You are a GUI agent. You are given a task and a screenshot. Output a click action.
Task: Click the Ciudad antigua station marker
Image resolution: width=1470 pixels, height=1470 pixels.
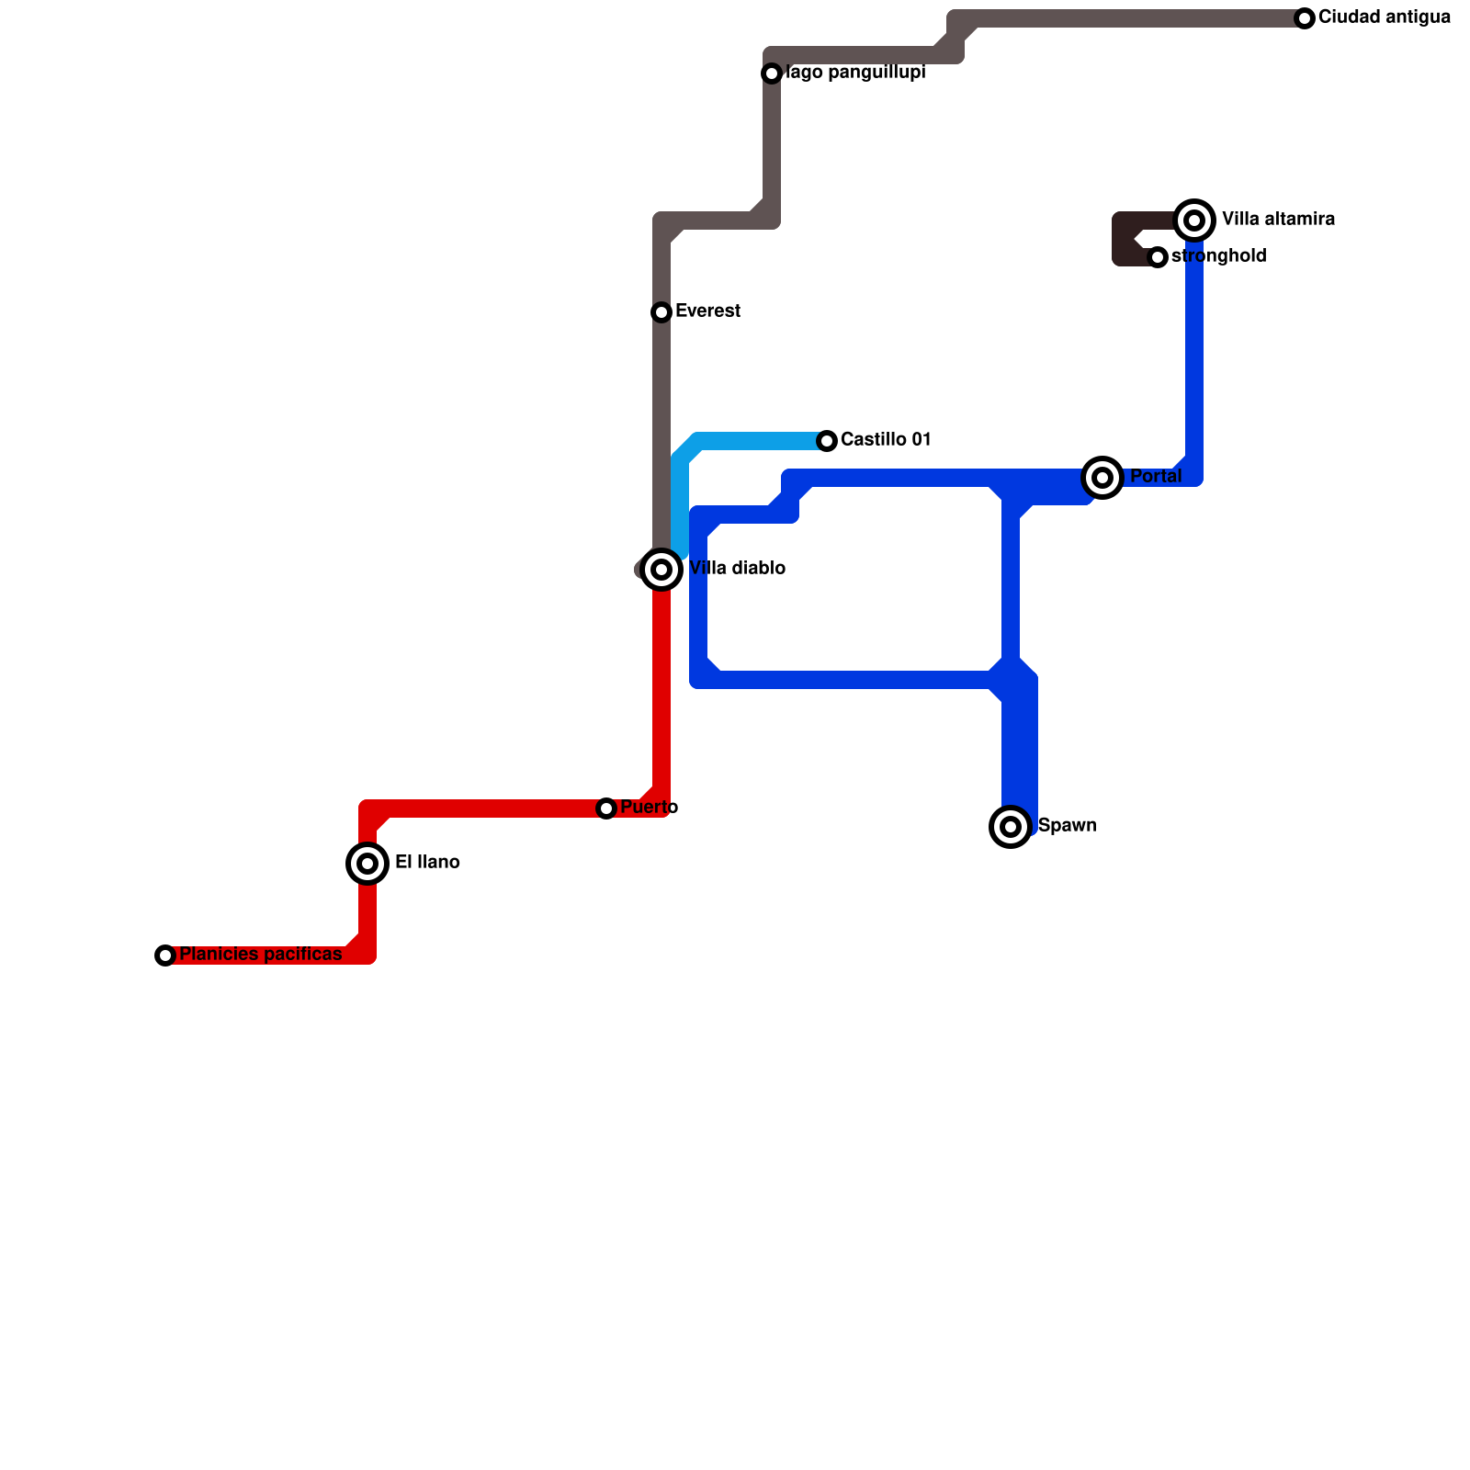[1305, 18]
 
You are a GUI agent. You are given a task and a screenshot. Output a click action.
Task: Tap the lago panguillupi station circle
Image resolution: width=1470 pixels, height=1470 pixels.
[772, 73]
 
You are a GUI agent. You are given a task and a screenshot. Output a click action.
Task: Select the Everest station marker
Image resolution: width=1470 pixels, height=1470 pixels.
[661, 312]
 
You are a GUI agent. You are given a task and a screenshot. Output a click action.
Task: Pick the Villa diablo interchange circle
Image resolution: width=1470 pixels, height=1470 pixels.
[661, 570]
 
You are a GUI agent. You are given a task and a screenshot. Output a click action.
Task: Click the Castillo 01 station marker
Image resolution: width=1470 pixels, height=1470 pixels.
[827, 441]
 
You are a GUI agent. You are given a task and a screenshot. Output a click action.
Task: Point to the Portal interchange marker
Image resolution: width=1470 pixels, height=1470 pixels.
[1102, 478]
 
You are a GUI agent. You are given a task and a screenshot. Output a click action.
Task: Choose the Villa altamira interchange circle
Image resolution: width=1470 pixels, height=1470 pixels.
[1194, 220]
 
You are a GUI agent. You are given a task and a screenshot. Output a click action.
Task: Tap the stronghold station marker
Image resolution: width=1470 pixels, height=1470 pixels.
[1158, 257]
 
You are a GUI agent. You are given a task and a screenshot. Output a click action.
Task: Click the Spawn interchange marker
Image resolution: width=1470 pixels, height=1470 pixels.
[1011, 827]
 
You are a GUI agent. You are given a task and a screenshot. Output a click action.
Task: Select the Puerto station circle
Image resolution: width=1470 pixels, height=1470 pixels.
[606, 808]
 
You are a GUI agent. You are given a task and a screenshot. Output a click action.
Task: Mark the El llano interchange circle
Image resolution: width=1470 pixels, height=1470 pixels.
[367, 864]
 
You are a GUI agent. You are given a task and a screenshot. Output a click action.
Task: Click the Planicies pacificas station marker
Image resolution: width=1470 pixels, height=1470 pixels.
[165, 955]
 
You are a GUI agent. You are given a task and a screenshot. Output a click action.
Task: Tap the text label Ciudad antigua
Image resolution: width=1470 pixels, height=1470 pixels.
[1384, 17]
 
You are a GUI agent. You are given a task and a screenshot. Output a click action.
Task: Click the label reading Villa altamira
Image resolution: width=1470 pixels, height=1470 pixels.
[1278, 220]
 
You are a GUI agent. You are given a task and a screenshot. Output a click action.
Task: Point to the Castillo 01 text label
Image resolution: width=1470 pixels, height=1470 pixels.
[886, 440]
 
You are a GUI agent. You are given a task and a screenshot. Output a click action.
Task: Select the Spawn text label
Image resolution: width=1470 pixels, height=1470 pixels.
[1067, 826]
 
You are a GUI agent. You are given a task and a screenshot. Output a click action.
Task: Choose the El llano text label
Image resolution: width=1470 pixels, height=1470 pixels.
[427, 863]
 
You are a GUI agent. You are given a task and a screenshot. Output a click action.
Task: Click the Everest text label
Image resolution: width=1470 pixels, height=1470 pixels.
[707, 311]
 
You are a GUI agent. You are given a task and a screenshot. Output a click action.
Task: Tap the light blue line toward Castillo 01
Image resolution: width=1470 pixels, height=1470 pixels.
[753, 441]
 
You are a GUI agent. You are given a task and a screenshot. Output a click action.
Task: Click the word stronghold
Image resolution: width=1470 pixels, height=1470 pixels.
[1218, 256]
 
